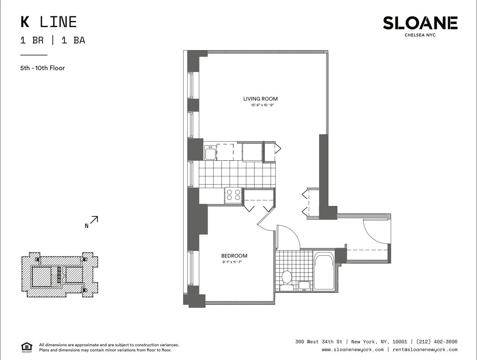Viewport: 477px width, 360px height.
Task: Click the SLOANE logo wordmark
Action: pos(420,23)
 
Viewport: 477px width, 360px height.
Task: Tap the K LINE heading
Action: pos(48,22)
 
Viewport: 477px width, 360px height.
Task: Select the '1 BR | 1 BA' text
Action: pos(53,40)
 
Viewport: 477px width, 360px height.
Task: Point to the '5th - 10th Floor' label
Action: pos(42,68)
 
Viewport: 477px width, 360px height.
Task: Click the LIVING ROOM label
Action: pos(260,99)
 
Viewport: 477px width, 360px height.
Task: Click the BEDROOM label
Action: pos(234,256)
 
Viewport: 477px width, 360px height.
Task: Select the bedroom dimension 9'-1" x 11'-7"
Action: pos(234,262)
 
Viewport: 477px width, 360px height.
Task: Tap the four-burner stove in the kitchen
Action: pos(233,195)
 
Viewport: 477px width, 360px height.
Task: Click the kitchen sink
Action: pos(210,153)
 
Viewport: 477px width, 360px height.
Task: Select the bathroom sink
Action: pos(304,285)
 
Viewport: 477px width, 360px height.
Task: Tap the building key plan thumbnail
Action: pos(59,275)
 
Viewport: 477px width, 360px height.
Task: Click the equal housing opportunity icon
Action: pos(27,347)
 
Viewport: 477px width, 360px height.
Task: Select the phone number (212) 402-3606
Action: pos(437,342)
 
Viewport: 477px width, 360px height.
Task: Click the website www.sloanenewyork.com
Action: pos(353,350)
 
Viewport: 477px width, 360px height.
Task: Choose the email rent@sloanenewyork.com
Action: pos(425,350)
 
